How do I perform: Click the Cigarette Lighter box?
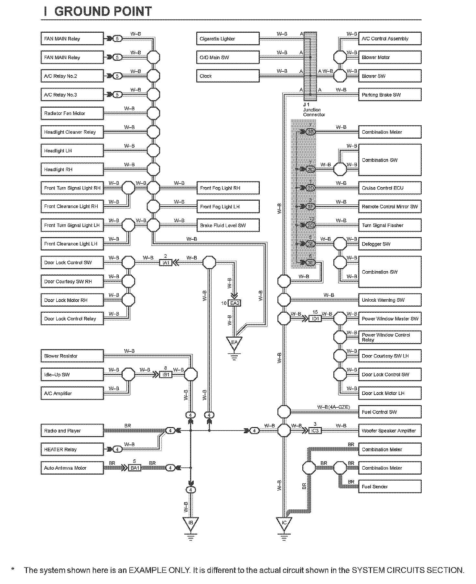pos(228,39)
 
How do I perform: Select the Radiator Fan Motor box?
pos(72,113)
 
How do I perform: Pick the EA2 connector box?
pos(234,303)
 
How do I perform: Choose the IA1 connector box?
pos(166,263)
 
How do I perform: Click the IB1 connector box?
pos(166,375)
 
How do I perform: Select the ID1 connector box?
pos(315,319)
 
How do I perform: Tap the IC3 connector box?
pos(315,431)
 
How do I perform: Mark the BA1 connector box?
pos(135,468)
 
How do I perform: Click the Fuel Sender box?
pos(390,486)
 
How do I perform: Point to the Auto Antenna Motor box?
pos(72,468)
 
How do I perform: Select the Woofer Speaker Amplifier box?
pos(390,431)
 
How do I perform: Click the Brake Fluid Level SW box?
pos(228,225)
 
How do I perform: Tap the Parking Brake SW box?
pos(390,95)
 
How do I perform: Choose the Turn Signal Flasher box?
pos(390,225)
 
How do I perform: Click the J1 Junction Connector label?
pos(313,110)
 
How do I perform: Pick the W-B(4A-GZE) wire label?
pos(333,407)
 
